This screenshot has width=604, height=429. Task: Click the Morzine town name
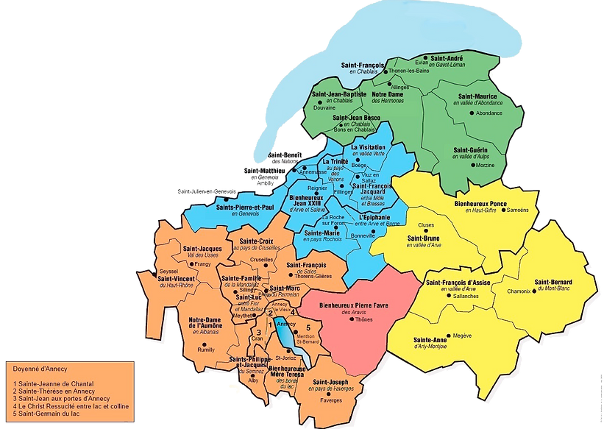point(486,166)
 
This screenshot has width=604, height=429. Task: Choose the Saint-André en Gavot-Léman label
point(446,61)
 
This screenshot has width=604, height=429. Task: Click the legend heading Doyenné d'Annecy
point(37,367)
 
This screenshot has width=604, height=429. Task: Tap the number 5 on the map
point(308,327)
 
